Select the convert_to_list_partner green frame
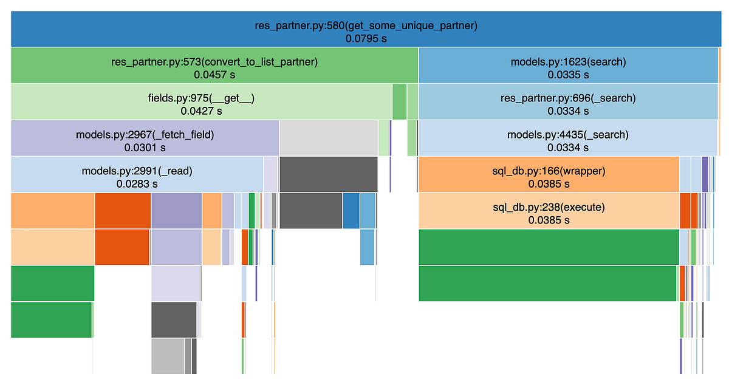click(x=214, y=61)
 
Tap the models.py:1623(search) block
click(x=567, y=61)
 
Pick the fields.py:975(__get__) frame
click(x=200, y=98)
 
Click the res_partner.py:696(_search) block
click(x=567, y=98)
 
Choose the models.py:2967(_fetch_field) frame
click(x=145, y=134)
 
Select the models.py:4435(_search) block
click(x=567, y=134)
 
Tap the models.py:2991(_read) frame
click(x=137, y=171)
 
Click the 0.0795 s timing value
click(x=366, y=38)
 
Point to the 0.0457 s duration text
click(x=214, y=75)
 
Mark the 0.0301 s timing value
click(x=145, y=148)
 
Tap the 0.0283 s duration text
click(x=137, y=183)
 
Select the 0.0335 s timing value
click(x=567, y=75)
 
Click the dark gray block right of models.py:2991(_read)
click(x=328, y=174)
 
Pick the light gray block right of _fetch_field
click(x=328, y=138)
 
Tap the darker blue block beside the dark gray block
click(x=351, y=211)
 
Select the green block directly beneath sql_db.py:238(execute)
click(x=549, y=247)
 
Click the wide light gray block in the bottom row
click(x=168, y=356)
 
